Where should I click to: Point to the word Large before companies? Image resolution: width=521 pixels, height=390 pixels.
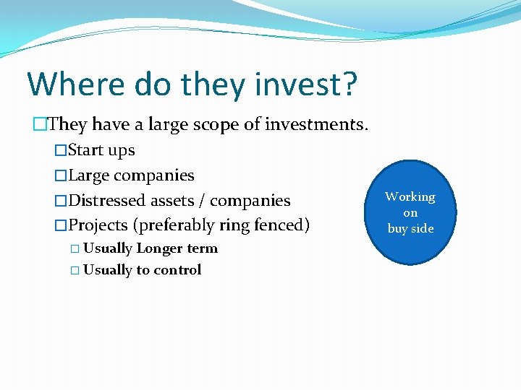coord(89,175)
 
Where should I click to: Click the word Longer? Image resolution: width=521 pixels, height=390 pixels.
coord(161,248)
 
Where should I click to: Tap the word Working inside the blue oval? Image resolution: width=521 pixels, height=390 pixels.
coord(410,196)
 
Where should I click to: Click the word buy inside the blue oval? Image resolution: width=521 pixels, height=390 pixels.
coord(398,228)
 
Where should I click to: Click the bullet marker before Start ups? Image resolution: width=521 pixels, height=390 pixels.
coord(61,151)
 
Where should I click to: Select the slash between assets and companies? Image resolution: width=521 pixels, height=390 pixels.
coord(200,201)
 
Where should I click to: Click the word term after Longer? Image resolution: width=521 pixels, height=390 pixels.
coord(203,248)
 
